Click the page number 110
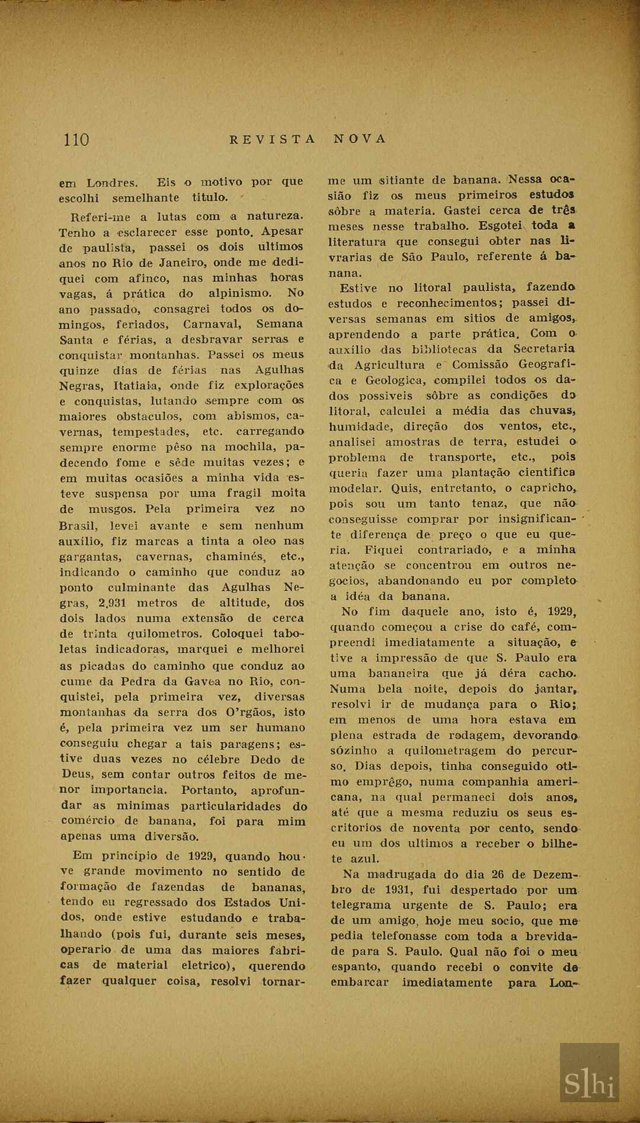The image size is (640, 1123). click(76, 140)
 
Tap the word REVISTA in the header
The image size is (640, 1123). click(273, 139)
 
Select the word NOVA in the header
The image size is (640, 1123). click(360, 139)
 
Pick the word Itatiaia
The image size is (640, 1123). click(126, 386)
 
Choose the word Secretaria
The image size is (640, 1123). click(544, 348)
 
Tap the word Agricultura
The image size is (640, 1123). click(390, 364)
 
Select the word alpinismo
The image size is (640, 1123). click(240, 293)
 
